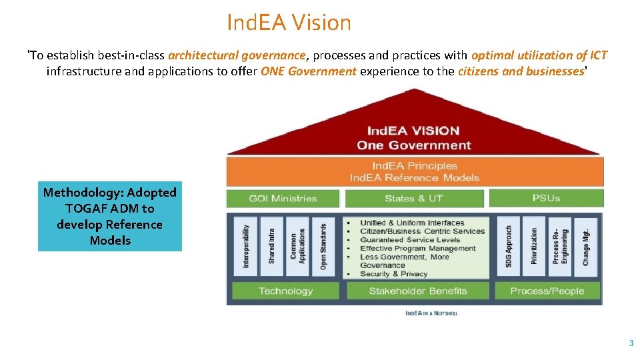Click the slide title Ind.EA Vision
click(289, 23)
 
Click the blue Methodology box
click(110, 217)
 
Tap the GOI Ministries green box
click(283, 198)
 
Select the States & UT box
click(413, 198)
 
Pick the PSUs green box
click(545, 198)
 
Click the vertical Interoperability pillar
click(246, 246)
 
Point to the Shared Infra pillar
click(271, 246)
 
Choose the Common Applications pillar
click(297, 246)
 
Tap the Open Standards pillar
click(323, 246)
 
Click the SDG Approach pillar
click(509, 246)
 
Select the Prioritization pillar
click(534, 246)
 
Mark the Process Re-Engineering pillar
click(560, 246)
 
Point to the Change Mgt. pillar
click(585, 246)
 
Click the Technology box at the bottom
click(285, 291)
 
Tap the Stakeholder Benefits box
click(418, 291)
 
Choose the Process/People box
click(547, 291)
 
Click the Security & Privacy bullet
click(393, 274)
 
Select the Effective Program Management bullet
click(417, 249)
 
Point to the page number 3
click(631, 343)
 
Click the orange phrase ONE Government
click(309, 71)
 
